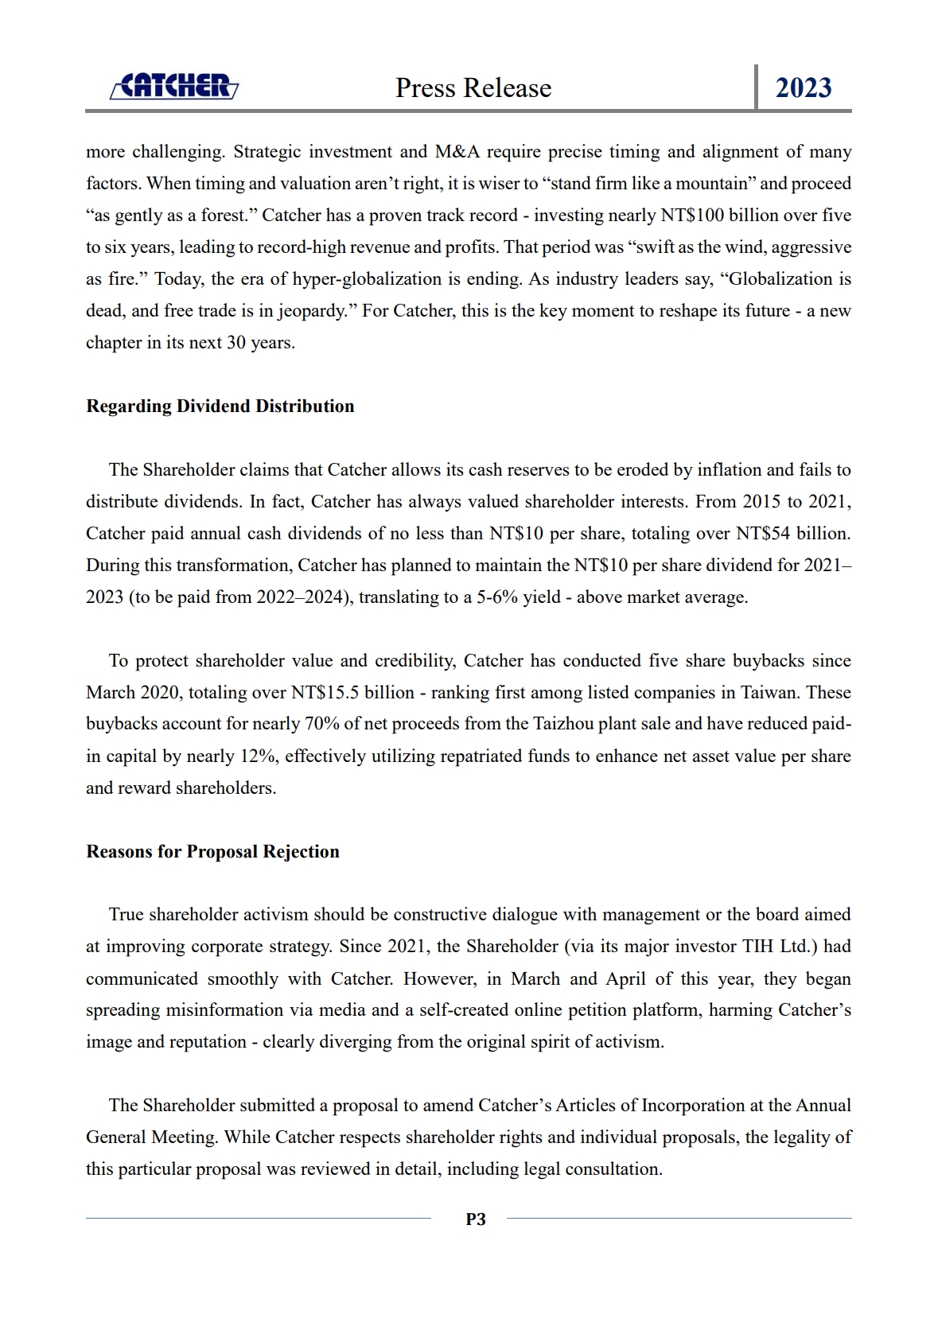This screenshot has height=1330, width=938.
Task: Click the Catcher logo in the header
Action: [x=173, y=86]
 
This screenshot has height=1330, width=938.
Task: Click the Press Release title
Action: [x=473, y=87]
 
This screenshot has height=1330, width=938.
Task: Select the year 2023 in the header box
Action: [x=804, y=87]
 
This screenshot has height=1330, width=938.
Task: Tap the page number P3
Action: [x=476, y=1219]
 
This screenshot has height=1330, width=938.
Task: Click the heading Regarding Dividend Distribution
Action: [x=220, y=406]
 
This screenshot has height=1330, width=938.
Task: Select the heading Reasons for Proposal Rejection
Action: [x=212, y=852]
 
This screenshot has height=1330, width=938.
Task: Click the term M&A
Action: [x=457, y=152]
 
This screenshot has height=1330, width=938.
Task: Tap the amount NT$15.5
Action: [x=327, y=693]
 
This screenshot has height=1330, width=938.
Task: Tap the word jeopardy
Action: [x=313, y=311]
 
